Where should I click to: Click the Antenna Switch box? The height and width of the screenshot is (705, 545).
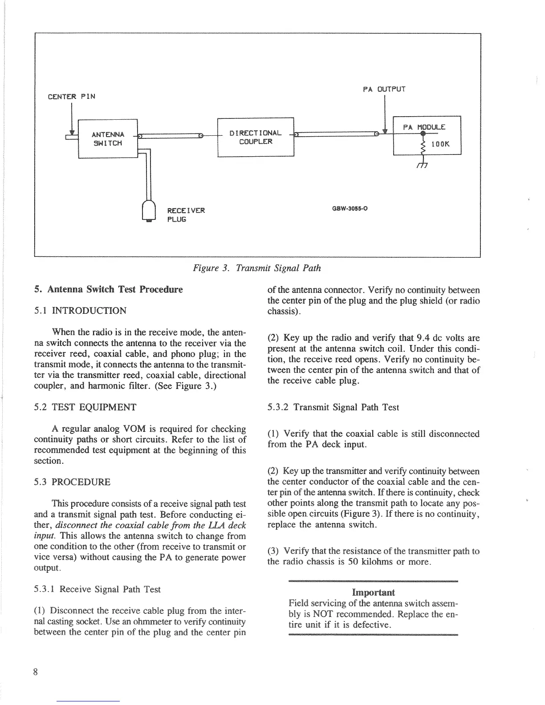107,139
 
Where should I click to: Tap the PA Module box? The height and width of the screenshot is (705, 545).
427,135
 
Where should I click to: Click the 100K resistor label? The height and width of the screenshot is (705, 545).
441,144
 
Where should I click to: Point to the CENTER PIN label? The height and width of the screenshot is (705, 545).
71,97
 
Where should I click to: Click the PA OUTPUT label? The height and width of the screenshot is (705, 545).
384,89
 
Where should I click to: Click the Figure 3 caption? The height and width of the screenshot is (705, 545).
256,268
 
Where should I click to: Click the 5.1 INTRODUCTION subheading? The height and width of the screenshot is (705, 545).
80,311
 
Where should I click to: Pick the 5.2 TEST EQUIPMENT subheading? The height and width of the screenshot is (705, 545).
85,407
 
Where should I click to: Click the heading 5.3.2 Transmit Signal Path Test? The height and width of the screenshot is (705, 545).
333,407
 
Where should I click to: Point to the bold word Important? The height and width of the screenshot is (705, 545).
373,592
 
